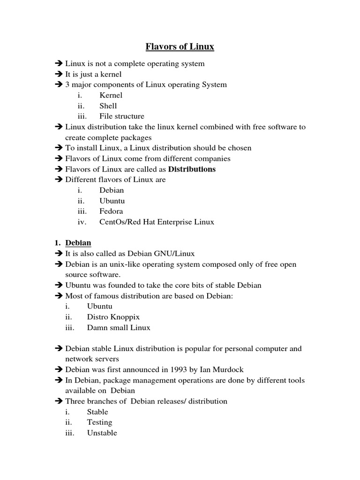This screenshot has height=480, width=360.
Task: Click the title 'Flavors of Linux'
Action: click(x=180, y=46)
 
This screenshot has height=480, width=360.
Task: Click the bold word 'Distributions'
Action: click(x=192, y=169)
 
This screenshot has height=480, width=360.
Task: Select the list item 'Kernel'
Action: click(x=111, y=95)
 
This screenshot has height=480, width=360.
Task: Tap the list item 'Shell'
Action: click(x=108, y=106)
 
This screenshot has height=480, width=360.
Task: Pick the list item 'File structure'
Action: click(x=122, y=116)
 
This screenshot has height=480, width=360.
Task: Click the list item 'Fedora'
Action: click(x=111, y=211)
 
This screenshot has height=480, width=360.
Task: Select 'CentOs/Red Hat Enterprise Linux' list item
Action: click(x=157, y=222)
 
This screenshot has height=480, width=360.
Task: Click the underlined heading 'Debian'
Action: click(x=78, y=243)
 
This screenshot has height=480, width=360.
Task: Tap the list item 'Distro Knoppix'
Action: click(x=113, y=317)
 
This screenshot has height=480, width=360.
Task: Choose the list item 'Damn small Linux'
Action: click(x=119, y=328)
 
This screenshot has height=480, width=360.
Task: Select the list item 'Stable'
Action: click(x=97, y=412)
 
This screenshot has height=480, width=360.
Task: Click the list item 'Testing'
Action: click(x=99, y=422)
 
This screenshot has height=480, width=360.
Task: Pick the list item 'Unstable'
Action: click(x=102, y=433)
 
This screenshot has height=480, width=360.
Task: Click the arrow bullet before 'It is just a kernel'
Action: click(x=59, y=74)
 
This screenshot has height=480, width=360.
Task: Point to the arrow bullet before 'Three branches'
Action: click(x=59, y=401)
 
